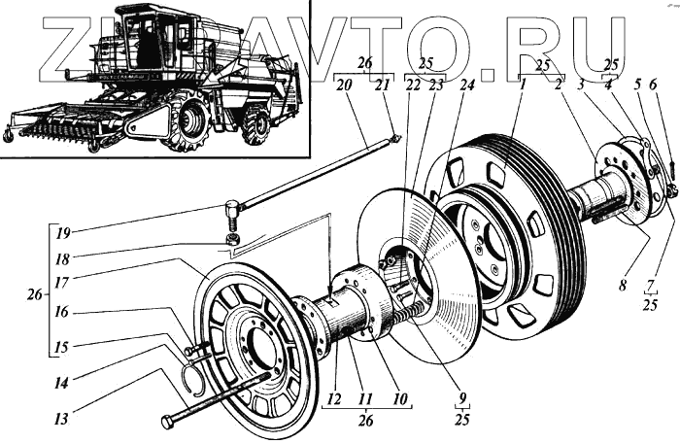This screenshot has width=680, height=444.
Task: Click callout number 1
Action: (x=523, y=85)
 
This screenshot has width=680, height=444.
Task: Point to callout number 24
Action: (x=470, y=85)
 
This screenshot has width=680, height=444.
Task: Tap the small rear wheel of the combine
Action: (x=255, y=126)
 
